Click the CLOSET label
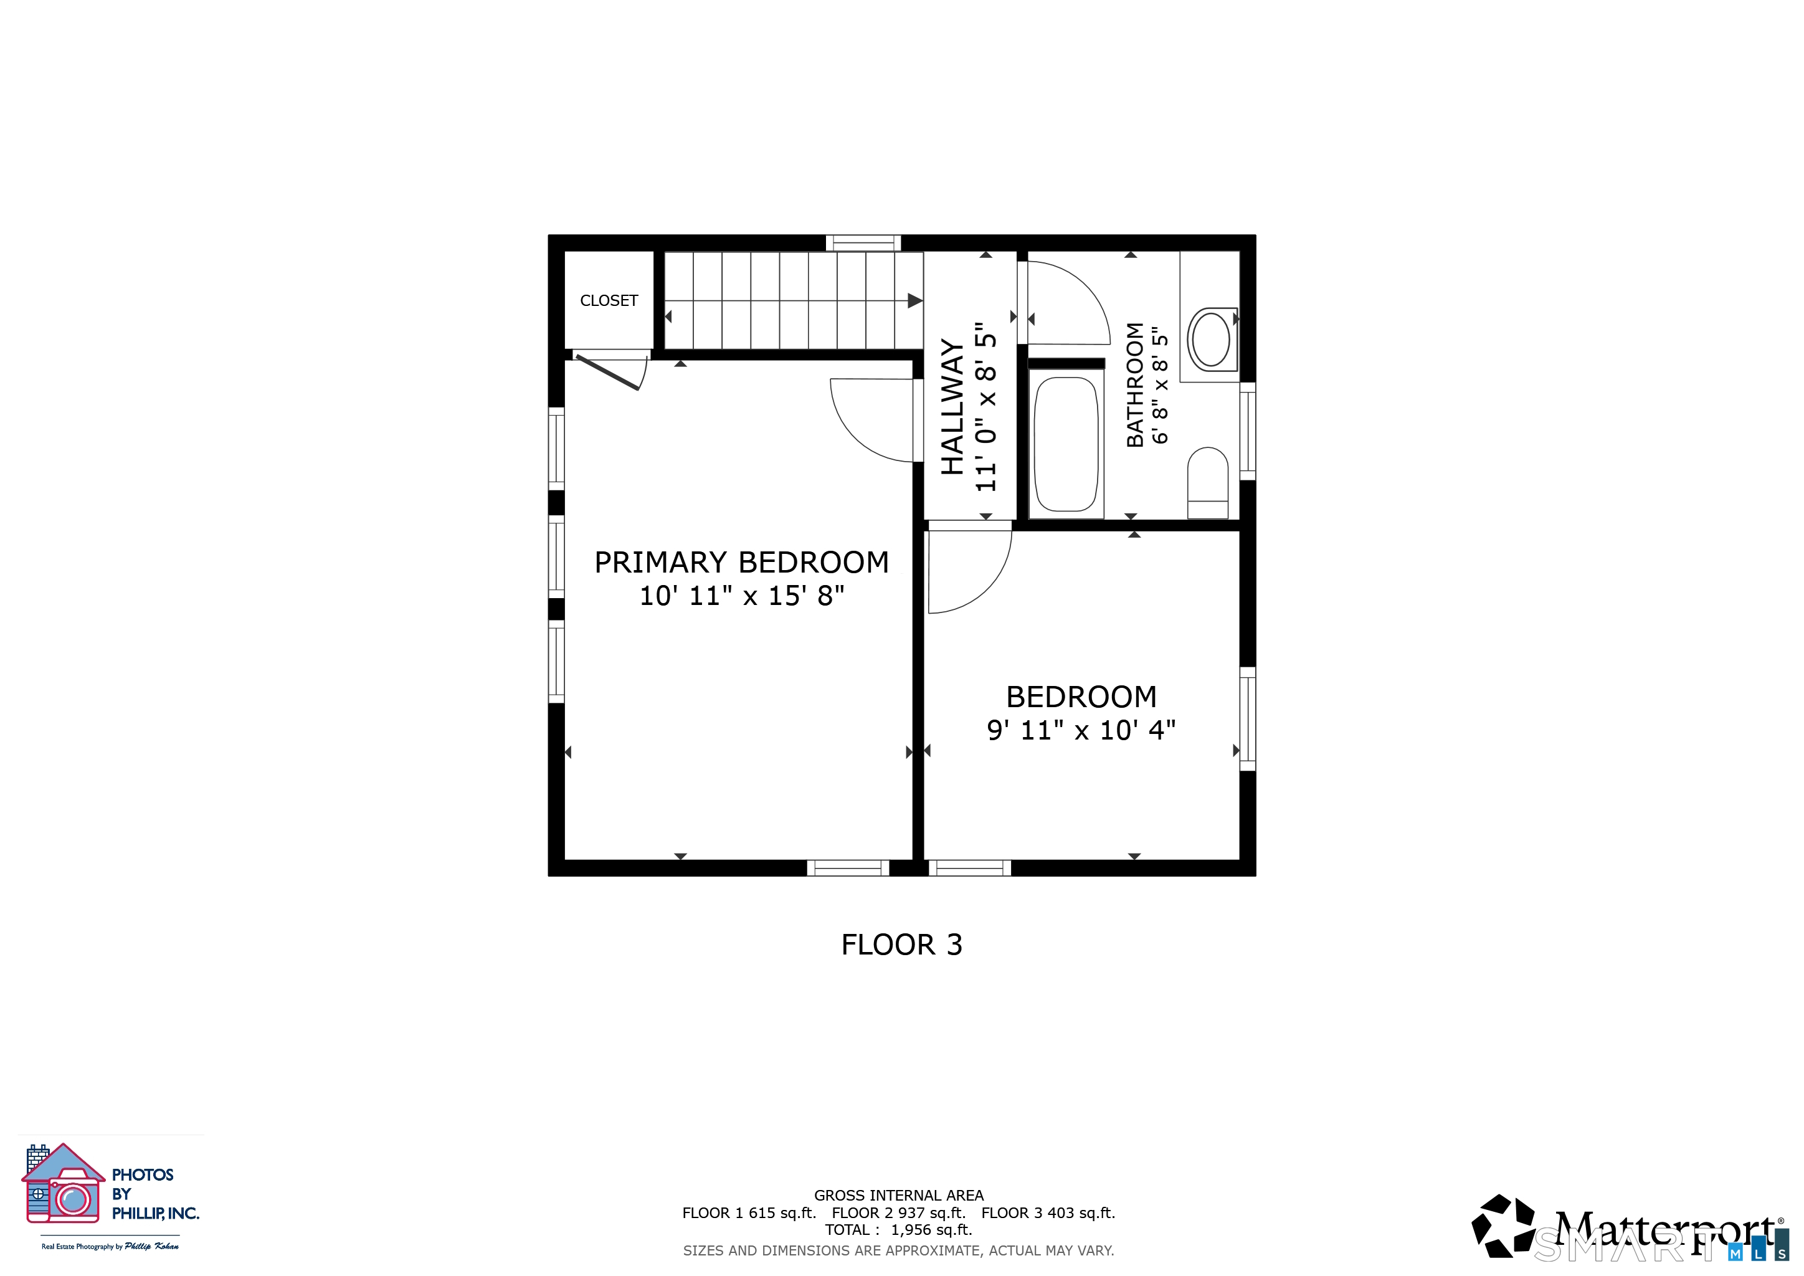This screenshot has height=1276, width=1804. (609, 300)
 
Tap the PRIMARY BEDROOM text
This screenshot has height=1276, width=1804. (742, 563)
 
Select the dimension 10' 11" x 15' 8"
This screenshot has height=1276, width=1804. (742, 596)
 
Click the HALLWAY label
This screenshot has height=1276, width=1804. (952, 407)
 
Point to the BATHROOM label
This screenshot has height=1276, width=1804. (1134, 385)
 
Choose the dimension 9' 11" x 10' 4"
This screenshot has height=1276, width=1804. (1081, 730)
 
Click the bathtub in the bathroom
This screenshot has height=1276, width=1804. (1066, 445)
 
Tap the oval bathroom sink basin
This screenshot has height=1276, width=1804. (1211, 340)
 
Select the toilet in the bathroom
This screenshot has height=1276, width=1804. (1208, 483)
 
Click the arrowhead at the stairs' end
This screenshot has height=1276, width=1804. (915, 301)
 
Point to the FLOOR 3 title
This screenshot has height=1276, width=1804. (902, 945)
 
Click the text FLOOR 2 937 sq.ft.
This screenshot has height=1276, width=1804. (899, 1213)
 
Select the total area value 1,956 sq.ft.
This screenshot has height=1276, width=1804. (932, 1231)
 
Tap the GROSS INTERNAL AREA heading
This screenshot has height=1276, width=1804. (899, 1196)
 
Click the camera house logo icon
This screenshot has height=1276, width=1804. (63, 1183)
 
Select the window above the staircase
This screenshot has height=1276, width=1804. (863, 243)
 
